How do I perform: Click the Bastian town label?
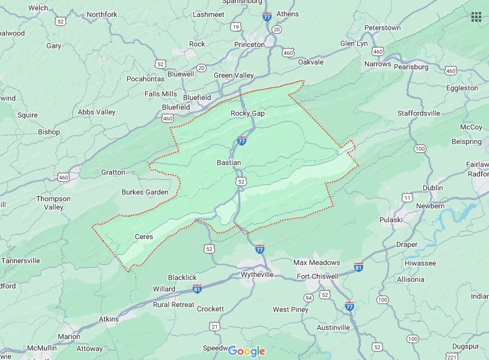228,163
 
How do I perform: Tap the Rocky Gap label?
248,113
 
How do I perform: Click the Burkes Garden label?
145,192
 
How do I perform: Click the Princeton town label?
249,45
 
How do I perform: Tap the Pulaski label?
391,220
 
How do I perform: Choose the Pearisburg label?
411,67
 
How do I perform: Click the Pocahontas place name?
145,79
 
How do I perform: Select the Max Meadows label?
316,262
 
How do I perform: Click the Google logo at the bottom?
246,351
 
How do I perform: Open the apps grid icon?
476,16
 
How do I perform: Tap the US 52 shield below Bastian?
241,181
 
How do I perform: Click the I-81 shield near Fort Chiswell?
359,266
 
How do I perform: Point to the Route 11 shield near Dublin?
408,197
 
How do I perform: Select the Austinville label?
334,327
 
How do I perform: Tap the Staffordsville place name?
427,113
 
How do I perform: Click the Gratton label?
113,172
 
